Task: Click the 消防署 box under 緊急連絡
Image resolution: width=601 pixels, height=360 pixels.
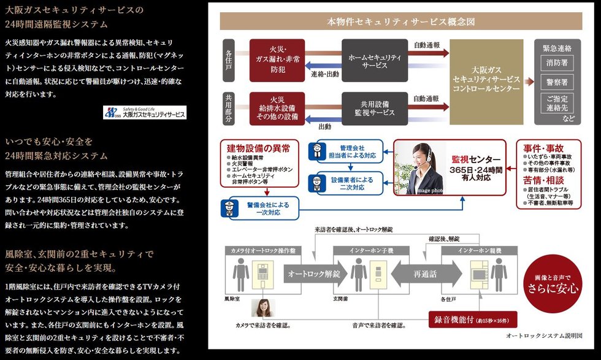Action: pyautogui.click(x=556, y=62)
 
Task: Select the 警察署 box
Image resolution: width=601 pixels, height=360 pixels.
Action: pyautogui.click(x=556, y=82)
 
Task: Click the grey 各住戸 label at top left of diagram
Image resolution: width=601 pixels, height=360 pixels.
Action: pyautogui.click(x=229, y=60)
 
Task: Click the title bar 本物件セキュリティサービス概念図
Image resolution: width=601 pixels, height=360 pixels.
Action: pyautogui.click(x=401, y=22)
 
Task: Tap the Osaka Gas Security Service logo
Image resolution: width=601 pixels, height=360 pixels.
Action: pyautogui.click(x=145, y=113)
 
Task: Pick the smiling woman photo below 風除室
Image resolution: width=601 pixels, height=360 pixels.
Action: pyautogui.click(x=262, y=307)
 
